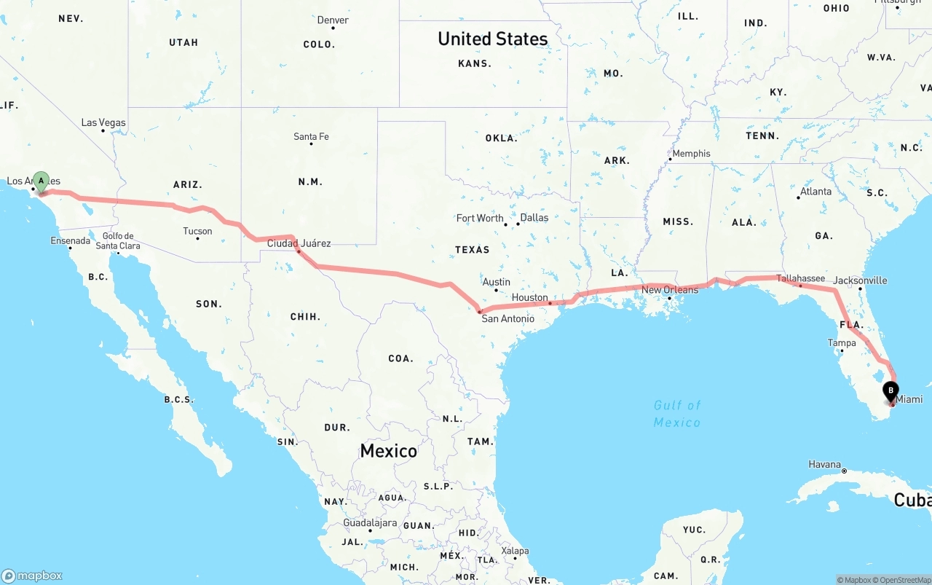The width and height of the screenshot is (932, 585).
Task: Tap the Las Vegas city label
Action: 103,122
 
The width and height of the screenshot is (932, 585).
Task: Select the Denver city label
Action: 333,20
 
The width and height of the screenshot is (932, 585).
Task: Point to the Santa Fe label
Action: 311,136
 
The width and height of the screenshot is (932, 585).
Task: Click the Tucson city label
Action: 197,232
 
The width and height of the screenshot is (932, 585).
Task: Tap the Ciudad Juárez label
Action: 299,243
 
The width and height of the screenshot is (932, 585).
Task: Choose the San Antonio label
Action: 508,318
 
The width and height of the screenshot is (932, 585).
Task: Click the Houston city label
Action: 529,297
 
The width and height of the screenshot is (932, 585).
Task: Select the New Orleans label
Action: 669,290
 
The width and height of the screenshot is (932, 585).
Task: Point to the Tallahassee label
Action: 800,278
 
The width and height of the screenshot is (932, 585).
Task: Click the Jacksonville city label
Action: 860,280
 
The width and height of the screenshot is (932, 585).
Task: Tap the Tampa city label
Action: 842,342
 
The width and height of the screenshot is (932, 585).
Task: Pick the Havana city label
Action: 824,464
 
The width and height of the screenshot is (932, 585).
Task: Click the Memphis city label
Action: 691,154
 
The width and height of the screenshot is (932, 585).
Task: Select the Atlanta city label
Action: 815,192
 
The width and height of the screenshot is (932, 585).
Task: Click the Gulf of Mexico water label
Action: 676,414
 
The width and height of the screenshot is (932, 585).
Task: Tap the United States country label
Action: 492,39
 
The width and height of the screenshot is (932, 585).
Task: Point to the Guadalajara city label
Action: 370,523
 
